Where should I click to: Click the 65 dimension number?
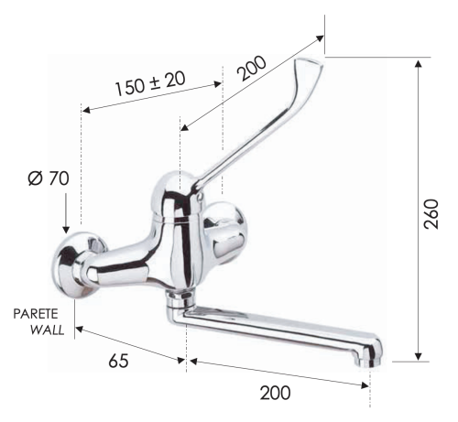pos(117,360)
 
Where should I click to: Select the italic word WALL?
pos(47,330)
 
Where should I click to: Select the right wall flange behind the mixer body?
pos(224,233)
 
